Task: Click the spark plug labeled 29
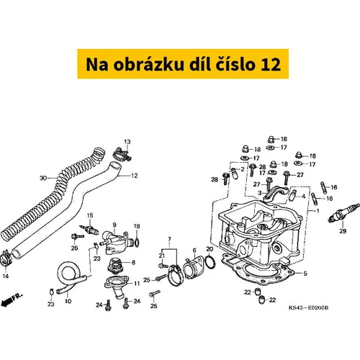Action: pyautogui.click(x=344, y=213)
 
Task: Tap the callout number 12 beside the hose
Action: pyautogui.click(x=135, y=176)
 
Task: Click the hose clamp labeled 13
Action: pyautogui.click(x=122, y=155)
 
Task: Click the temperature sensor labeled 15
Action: pyautogui.click(x=89, y=229)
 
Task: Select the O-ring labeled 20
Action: pyautogui.click(x=210, y=261)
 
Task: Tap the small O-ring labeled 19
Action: pyautogui.click(x=137, y=243)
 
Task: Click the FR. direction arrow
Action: pyautogui.click(x=12, y=300)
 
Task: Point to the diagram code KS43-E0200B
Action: pyautogui.click(x=308, y=307)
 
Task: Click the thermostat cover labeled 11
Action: pyautogui.click(x=117, y=284)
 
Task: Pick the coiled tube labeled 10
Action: pyautogui.click(x=70, y=276)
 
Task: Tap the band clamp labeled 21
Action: pyautogui.click(x=176, y=275)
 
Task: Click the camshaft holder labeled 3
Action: pyautogui.click(x=275, y=192)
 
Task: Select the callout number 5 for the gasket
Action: pyautogui.click(x=305, y=274)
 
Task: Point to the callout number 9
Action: pyautogui.click(x=114, y=225)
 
